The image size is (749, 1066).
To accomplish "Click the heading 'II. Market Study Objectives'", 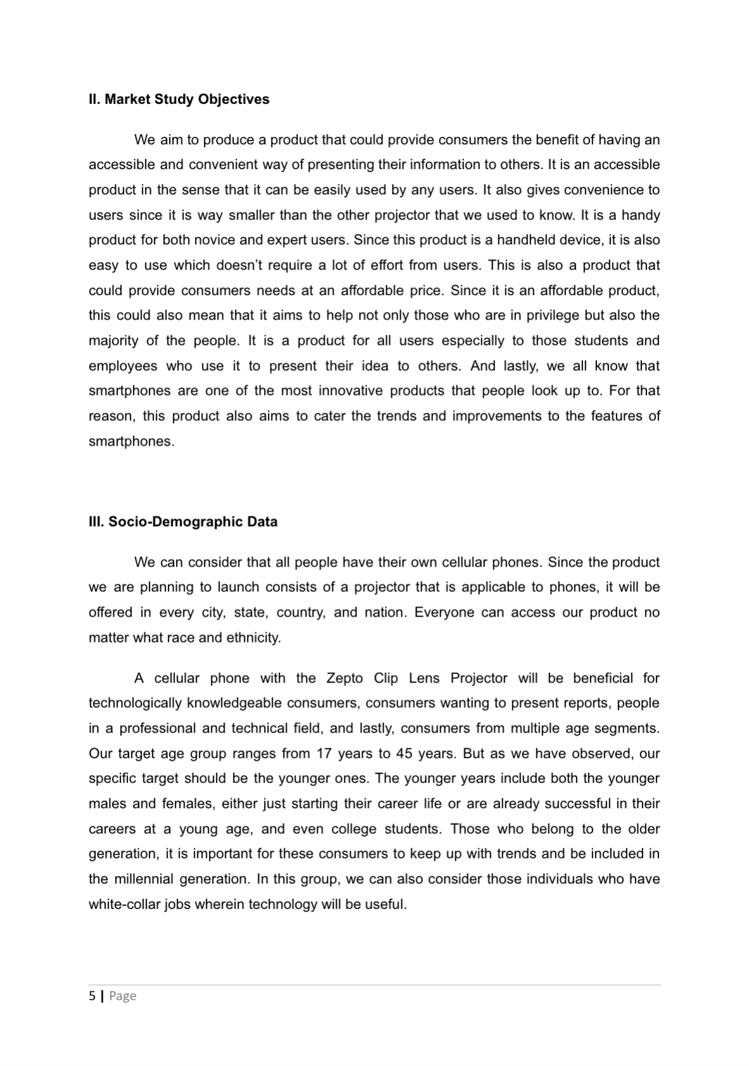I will coord(179,99).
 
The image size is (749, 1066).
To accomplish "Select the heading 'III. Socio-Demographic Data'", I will coord(183,522).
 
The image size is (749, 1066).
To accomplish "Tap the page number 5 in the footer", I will coord(92,996).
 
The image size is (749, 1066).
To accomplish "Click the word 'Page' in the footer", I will coord(123,996).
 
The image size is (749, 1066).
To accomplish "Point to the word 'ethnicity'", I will coord(251,637).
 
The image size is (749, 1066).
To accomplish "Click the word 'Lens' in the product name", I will coord(424,678).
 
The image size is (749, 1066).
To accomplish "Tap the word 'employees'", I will coord(123,366).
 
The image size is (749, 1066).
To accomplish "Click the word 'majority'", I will coord(113,341).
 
